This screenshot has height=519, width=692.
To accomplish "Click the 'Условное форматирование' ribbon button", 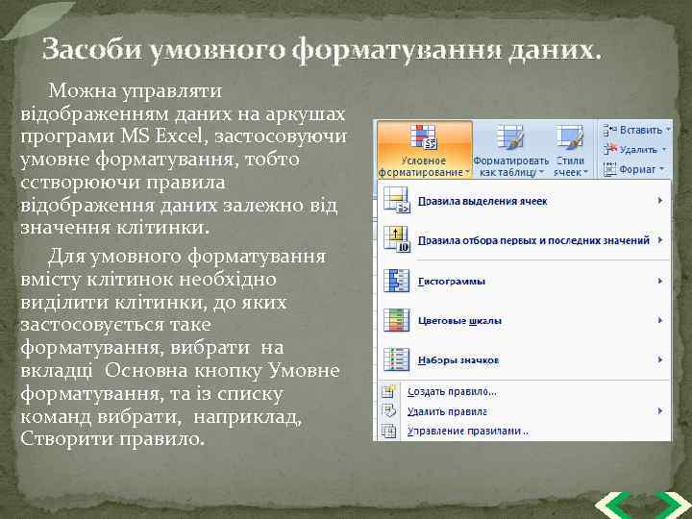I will point(424,150).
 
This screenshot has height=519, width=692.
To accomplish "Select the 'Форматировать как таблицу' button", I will point(510,150).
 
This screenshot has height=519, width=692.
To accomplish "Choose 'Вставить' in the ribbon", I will point(638,129).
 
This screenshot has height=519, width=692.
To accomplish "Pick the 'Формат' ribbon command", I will point(636,169).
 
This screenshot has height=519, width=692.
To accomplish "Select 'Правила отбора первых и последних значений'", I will point(533,240).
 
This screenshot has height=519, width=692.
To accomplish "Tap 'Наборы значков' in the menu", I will point(457,360).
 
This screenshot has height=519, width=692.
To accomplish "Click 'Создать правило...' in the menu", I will point(452,392).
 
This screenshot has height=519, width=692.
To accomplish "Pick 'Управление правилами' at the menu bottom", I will point(467,431).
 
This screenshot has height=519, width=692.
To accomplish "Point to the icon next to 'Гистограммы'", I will point(397,282).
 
